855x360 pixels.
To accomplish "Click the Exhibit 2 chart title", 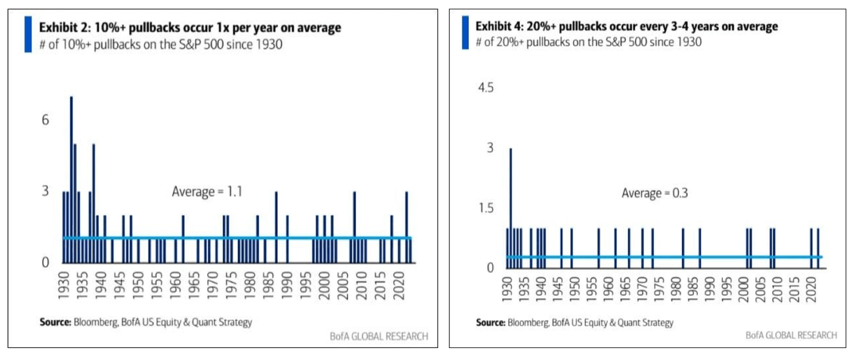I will point(190,27).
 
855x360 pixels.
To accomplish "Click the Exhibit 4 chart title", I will point(626,27).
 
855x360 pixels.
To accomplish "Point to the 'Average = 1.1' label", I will point(207,192).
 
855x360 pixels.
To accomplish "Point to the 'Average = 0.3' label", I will point(655,193).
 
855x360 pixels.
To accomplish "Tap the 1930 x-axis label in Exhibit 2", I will point(64,285).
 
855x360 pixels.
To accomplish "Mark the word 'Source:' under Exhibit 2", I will point(55,323).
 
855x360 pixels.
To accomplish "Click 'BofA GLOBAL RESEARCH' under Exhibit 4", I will point(791,335).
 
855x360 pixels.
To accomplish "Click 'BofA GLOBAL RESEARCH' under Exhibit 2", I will point(379,336).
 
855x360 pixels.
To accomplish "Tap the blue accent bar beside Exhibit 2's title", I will point(28,34).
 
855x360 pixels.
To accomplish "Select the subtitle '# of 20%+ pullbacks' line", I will point(588,42).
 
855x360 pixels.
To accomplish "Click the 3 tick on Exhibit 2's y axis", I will point(46,191).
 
